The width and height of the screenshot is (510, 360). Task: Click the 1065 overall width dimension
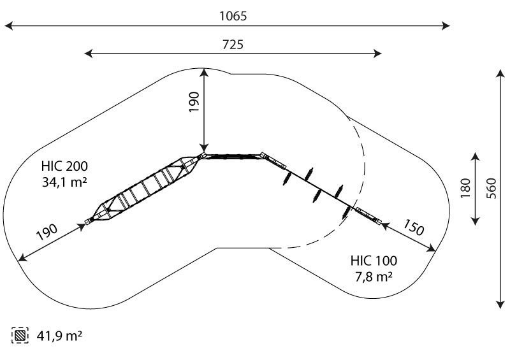coord(233,16)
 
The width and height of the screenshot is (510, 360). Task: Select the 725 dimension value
coord(233,45)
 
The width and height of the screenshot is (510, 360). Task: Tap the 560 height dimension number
coord(492,189)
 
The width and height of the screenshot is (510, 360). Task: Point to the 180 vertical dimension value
coord(466,188)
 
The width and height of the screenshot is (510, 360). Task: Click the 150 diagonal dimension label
coord(414,227)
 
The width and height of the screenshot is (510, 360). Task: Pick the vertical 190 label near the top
coord(194,102)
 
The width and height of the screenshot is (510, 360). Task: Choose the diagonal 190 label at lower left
coord(47,232)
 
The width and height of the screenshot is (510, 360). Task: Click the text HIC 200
coord(64,166)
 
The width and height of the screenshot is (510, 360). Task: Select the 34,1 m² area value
coord(64,182)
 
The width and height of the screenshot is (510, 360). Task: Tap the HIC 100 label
coord(374,261)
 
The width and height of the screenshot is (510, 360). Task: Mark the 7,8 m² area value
coord(374,277)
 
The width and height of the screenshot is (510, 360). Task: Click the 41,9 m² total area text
coord(59,335)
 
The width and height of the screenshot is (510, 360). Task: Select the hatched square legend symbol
coord(20,335)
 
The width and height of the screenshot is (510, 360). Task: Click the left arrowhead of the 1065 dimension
coord(8,25)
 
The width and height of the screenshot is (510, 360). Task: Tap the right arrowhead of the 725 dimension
coord(377,54)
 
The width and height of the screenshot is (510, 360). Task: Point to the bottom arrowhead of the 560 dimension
coord(500,305)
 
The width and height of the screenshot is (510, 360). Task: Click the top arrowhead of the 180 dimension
coord(476,156)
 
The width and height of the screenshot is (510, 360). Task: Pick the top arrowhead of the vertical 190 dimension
coord(204,72)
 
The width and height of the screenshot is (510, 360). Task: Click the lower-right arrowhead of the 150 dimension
coord(432,248)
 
